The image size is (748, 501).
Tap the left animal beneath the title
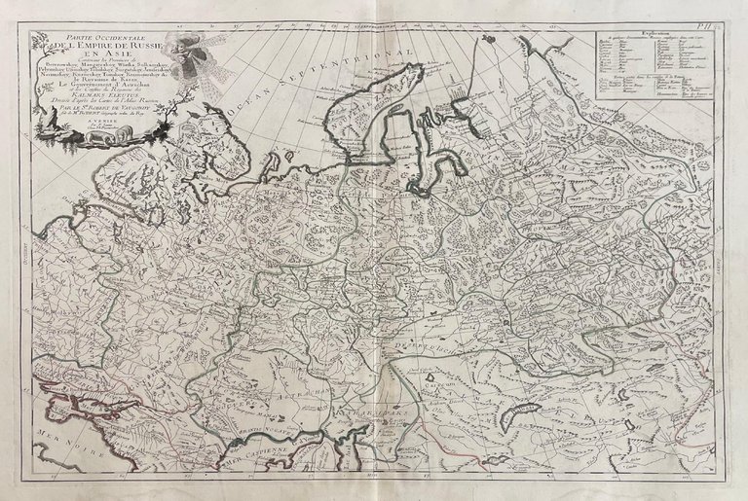[x=73, y=137]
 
